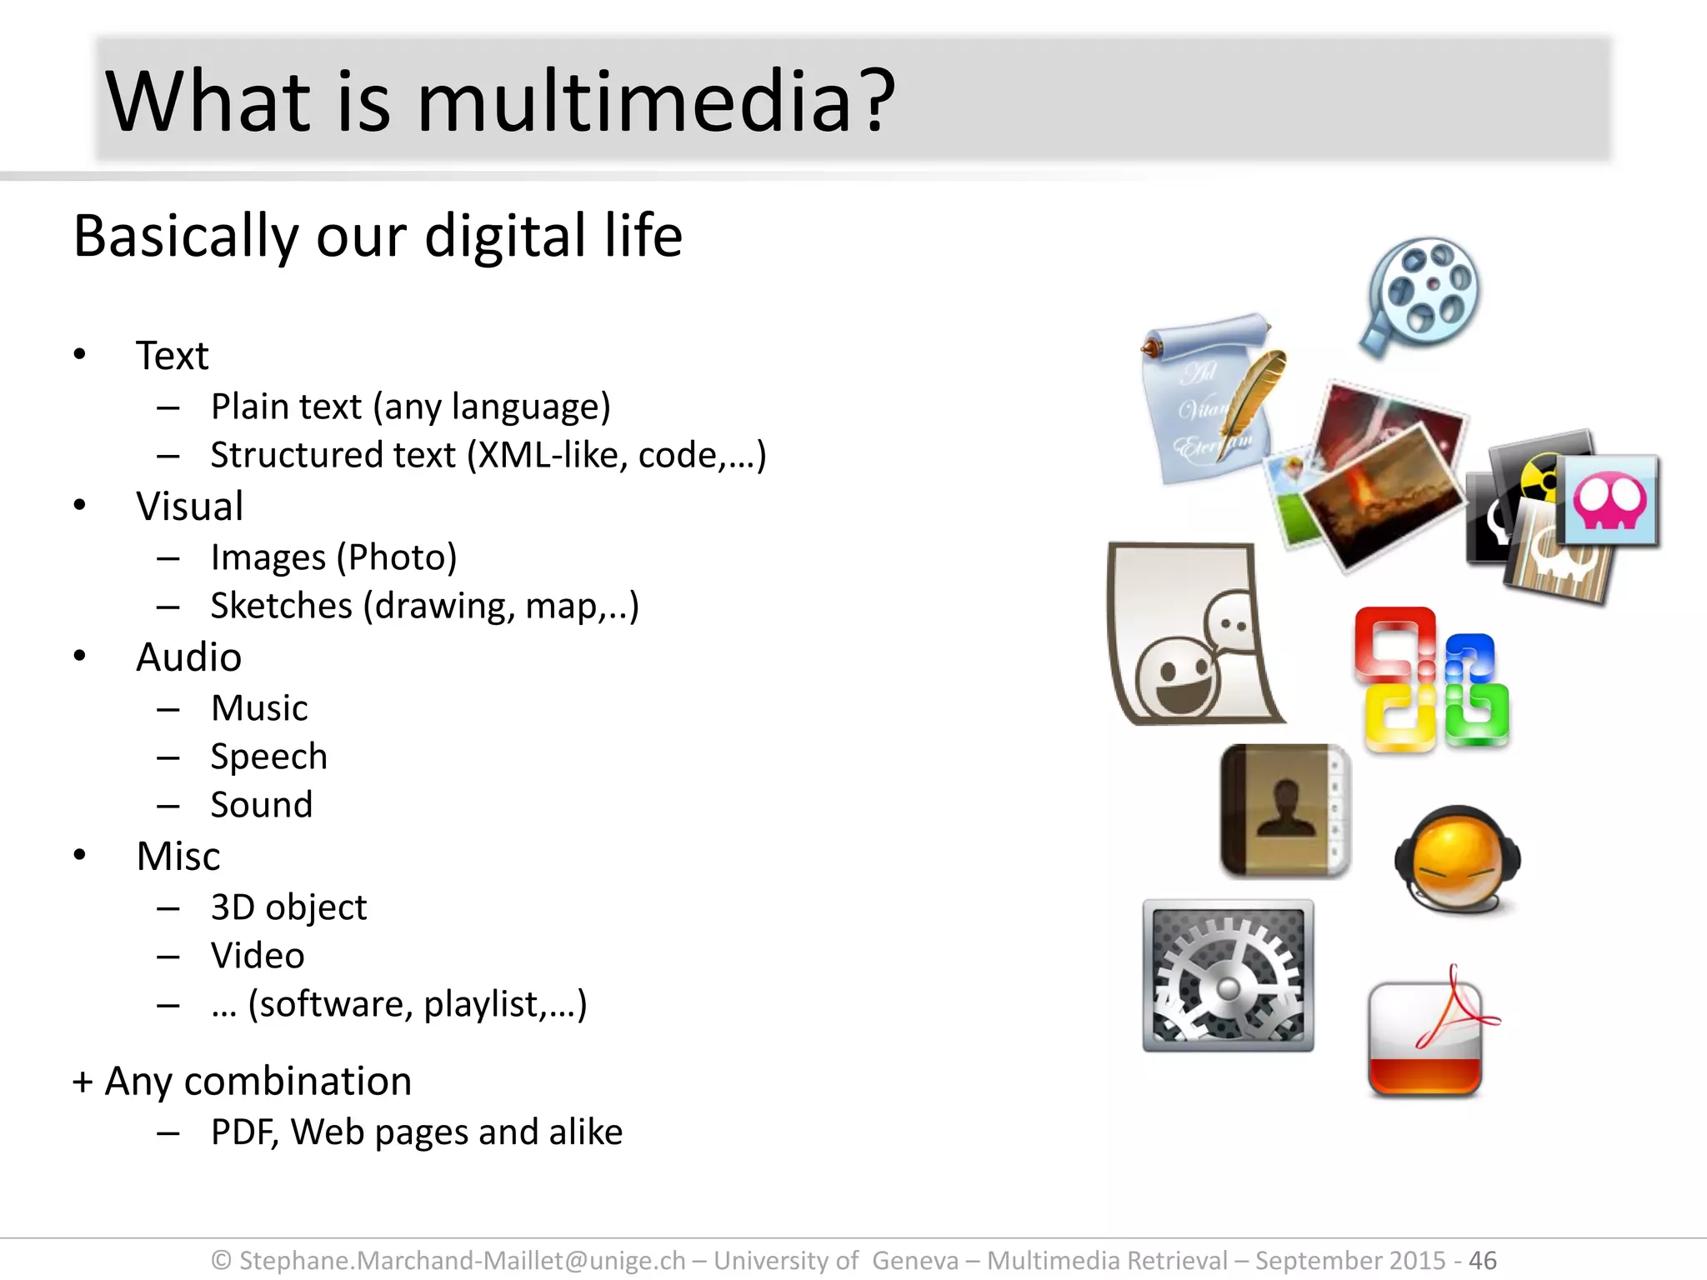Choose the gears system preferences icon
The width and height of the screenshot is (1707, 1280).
[x=1228, y=975]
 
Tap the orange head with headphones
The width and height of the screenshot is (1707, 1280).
[x=1457, y=858]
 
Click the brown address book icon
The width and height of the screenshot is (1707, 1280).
[x=1284, y=811]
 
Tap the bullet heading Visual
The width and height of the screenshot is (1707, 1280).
[x=190, y=507]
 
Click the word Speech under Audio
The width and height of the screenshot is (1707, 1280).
[x=268, y=757]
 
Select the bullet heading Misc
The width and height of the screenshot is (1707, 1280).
[x=178, y=857]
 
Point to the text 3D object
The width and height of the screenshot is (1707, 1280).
[x=288, y=907]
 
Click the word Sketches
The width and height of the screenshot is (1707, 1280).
[x=281, y=606]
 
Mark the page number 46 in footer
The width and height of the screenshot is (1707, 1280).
[x=1482, y=1260]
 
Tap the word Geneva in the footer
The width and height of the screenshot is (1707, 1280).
[x=915, y=1260]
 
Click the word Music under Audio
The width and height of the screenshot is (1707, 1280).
[x=259, y=708]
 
